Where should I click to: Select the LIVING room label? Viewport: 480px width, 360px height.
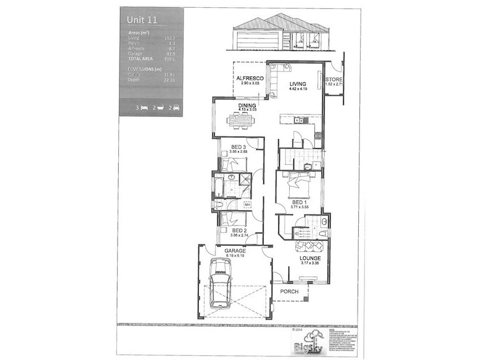[x=298, y=83]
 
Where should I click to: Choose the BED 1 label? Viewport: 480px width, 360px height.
[x=298, y=202]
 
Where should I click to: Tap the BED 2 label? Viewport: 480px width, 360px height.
[x=239, y=230]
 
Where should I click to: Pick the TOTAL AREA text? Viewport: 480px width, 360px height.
[x=140, y=59]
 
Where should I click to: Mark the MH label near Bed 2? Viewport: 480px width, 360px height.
[x=247, y=205]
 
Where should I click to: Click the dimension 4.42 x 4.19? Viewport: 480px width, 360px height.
[x=298, y=89]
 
